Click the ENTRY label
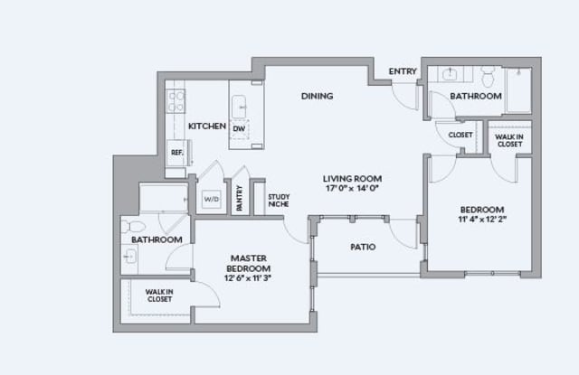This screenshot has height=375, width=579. [403, 71]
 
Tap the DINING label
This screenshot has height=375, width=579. [318, 97]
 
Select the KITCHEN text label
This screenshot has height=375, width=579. [207, 127]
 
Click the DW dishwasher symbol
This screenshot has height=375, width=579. [239, 129]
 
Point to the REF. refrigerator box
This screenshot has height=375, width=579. [178, 153]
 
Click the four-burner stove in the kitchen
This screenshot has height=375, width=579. [176, 100]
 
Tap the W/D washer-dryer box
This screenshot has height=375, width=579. [212, 200]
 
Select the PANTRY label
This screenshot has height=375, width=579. [240, 198]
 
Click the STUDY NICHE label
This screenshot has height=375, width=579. [279, 201]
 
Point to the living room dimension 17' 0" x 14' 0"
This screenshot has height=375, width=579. [352, 189]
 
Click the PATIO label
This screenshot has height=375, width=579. [363, 247]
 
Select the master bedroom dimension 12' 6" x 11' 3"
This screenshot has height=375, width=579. [248, 278]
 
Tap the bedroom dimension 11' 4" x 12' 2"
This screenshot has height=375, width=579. [482, 219]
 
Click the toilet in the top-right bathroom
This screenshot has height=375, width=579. [489, 76]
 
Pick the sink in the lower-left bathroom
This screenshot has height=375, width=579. [129, 256]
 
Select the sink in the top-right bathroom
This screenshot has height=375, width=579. [450, 74]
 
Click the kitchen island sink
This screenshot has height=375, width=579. [239, 107]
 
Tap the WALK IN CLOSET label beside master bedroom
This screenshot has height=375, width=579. [159, 295]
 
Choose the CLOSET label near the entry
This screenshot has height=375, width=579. [460, 135]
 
